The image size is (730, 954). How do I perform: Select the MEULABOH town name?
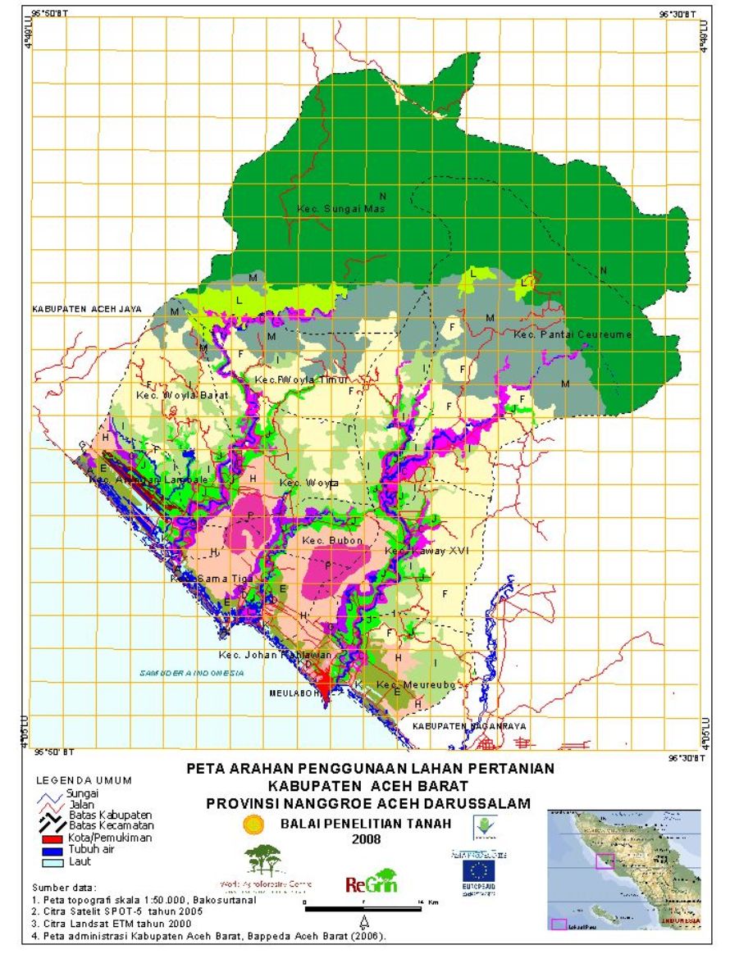[x=292, y=693]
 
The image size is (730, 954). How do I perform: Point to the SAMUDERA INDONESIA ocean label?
[x=192, y=673]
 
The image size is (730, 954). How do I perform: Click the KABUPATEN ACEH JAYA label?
[x=86, y=309]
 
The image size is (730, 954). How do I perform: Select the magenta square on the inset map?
[x=605, y=861]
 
